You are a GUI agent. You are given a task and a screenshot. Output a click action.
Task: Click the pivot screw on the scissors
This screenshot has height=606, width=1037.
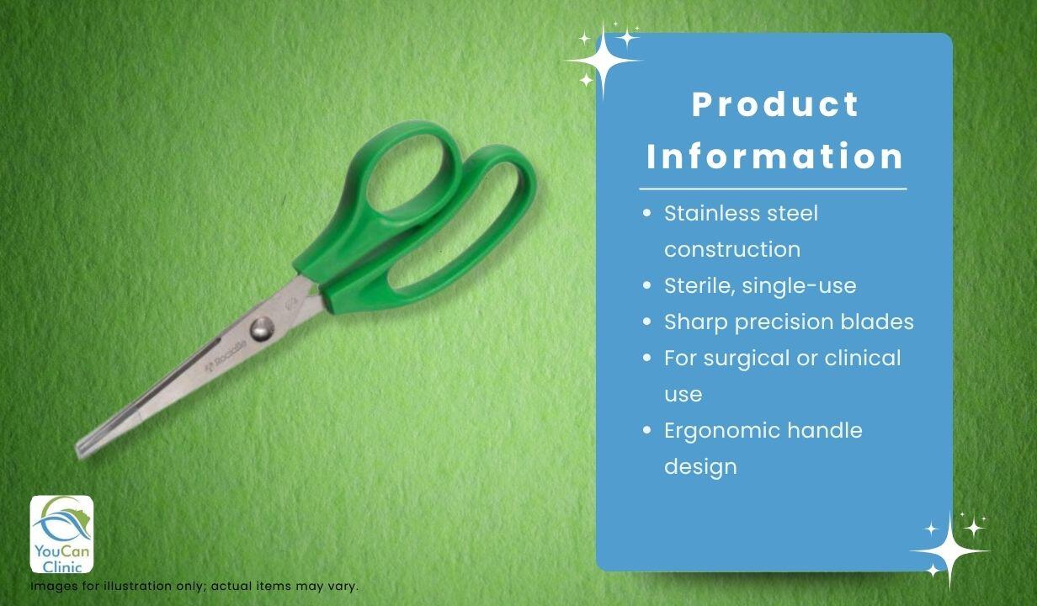[262, 329]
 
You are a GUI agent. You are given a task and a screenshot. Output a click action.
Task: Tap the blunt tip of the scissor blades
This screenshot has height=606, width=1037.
[81, 449]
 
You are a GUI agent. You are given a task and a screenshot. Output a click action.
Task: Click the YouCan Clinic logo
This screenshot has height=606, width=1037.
[61, 534]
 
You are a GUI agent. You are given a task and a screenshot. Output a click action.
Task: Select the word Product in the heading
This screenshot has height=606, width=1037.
[775, 104]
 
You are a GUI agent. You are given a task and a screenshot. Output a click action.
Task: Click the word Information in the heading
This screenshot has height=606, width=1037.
[774, 156]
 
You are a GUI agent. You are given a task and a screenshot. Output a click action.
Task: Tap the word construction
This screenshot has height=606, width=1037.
[732, 249]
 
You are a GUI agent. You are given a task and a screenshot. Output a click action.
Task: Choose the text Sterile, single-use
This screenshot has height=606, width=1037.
[760, 285]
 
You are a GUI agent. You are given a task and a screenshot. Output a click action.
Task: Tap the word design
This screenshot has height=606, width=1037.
[700, 466]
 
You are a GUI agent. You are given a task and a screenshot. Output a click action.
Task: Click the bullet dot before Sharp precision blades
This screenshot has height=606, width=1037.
[647, 322]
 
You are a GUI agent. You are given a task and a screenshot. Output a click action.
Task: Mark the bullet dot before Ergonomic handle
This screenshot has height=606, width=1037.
[647, 429]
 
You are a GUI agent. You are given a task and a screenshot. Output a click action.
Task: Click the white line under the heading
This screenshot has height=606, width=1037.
[773, 189]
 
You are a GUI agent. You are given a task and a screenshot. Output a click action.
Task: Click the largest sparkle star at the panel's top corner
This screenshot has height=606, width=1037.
[603, 61]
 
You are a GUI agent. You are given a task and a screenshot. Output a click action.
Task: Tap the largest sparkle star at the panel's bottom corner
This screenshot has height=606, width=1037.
[950, 551]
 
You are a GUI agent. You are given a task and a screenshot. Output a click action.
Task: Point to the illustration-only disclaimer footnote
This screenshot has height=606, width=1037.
[194, 586]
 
